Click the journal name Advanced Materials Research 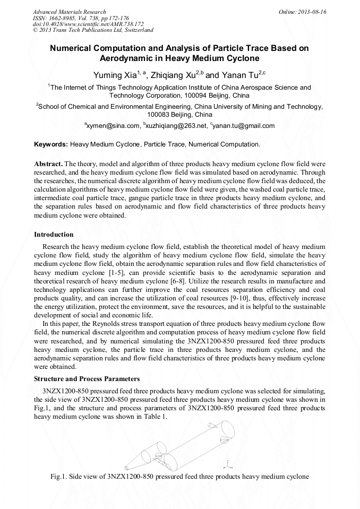(x=69, y=12)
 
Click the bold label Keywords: (x=51, y=144)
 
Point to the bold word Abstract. (x=48, y=164)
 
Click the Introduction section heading (x=54, y=234)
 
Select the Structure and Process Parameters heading (x=87, y=379)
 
